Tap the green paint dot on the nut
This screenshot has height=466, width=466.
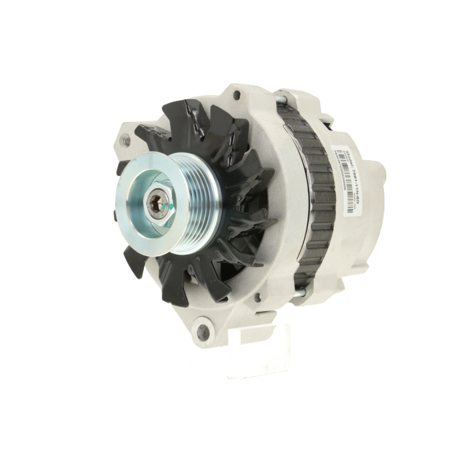point(170,205)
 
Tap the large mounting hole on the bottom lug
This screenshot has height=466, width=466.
point(202,332)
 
